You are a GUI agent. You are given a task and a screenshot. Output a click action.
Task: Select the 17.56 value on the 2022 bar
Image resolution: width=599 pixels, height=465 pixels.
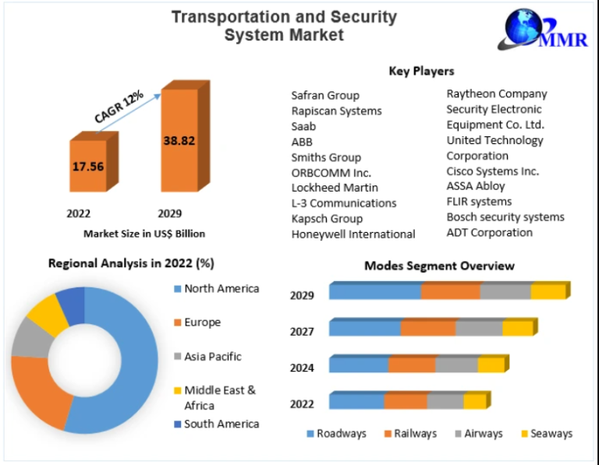[x=89, y=166]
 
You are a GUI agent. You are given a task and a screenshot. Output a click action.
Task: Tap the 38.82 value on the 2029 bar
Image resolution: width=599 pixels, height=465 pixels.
[x=179, y=141]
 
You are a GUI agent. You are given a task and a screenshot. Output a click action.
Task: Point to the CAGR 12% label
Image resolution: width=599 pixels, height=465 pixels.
[x=119, y=107]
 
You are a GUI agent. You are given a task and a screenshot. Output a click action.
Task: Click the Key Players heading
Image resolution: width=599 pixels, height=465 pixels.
[x=421, y=71]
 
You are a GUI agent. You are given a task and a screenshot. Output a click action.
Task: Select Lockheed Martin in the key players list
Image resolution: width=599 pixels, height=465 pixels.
[x=335, y=188]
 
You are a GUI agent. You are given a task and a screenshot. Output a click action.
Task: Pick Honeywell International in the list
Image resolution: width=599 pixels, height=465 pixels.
[x=353, y=234]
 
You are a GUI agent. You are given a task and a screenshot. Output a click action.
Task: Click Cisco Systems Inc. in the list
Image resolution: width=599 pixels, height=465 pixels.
[x=492, y=171]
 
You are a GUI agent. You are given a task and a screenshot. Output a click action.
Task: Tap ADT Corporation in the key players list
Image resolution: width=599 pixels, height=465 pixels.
[x=489, y=232]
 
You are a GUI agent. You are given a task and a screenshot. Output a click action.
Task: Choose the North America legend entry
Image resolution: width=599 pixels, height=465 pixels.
[x=221, y=289]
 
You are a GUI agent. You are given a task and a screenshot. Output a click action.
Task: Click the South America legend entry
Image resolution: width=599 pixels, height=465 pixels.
[x=221, y=424]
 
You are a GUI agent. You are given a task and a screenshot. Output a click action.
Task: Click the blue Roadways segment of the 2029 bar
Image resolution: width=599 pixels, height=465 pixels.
[x=375, y=292]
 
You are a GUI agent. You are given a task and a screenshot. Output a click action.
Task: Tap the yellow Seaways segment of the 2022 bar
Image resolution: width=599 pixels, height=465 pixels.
[x=473, y=402]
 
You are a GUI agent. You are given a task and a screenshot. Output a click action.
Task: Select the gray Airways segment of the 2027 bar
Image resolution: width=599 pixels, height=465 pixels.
[x=478, y=329]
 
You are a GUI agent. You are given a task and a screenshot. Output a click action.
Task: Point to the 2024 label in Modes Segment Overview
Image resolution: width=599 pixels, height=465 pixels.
[x=302, y=368]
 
